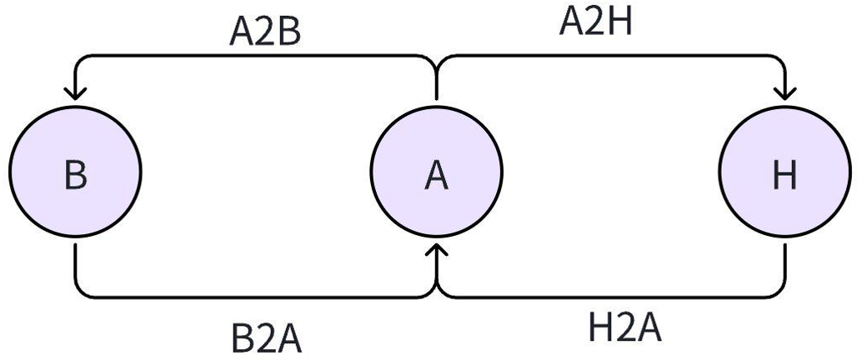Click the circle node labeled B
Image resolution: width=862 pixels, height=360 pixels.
76,176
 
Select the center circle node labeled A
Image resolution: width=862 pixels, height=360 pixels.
436,176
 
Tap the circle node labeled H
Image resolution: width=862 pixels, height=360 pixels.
784,176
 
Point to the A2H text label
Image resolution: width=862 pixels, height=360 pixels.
596,22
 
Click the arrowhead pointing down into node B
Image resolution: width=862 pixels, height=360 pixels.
76,91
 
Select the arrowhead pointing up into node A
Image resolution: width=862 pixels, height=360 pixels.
436,249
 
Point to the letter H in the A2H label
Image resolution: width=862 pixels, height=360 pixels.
621,22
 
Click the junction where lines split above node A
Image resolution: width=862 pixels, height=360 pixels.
436,60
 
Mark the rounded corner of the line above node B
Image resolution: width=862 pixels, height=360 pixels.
80,60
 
